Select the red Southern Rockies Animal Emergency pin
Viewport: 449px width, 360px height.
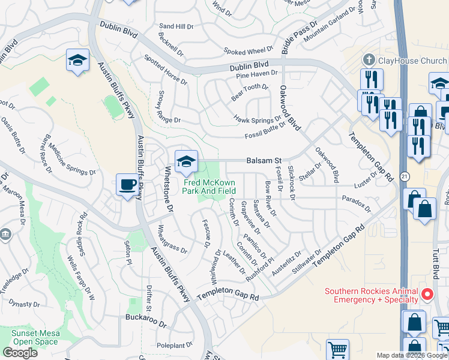tap(427, 294)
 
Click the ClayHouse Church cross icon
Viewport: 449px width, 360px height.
tap(369, 60)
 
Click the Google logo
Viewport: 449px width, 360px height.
tap(20, 353)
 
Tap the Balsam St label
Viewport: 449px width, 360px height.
tap(264, 161)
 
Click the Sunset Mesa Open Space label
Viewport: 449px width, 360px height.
tap(34, 337)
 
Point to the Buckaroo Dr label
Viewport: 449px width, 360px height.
tap(145, 317)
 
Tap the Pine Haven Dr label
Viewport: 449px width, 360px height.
tap(257, 74)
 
